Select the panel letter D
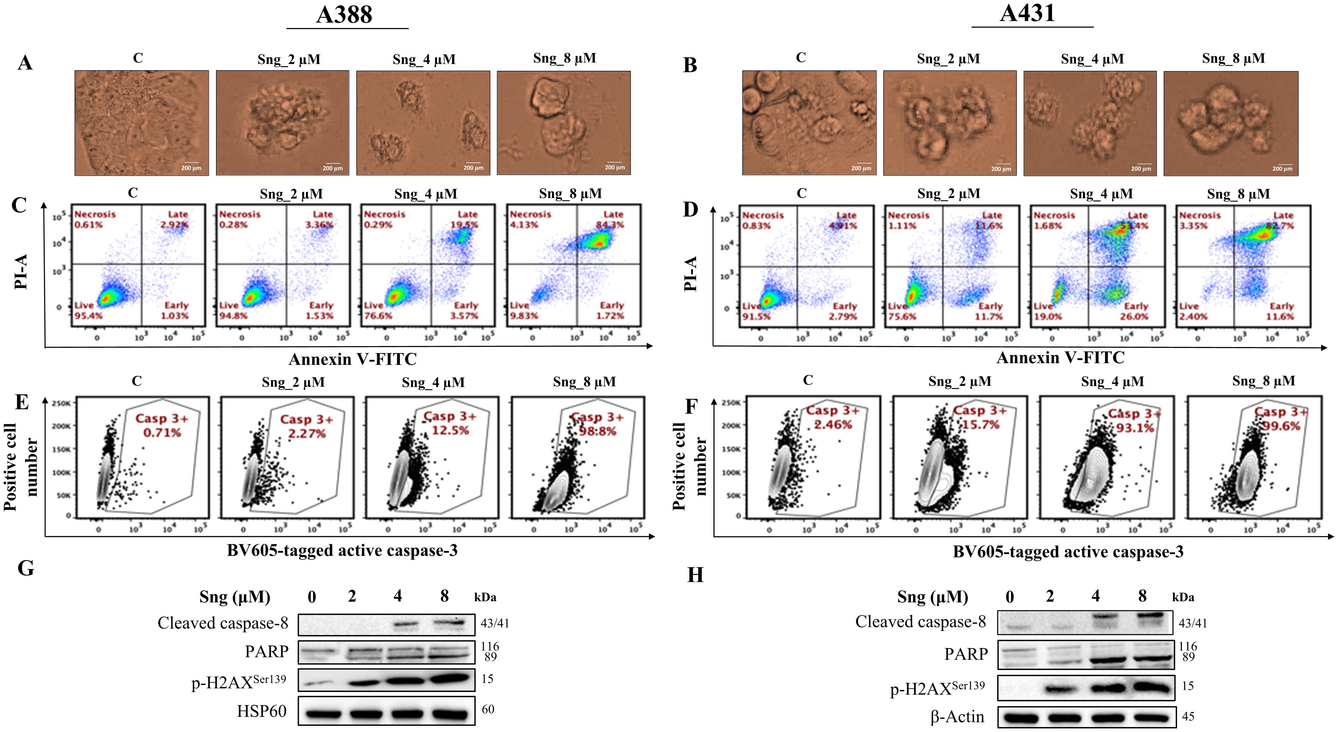pos(690,209)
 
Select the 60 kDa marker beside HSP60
pos(488,709)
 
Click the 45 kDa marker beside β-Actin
pos(1188,716)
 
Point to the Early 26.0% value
pos(1134,316)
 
